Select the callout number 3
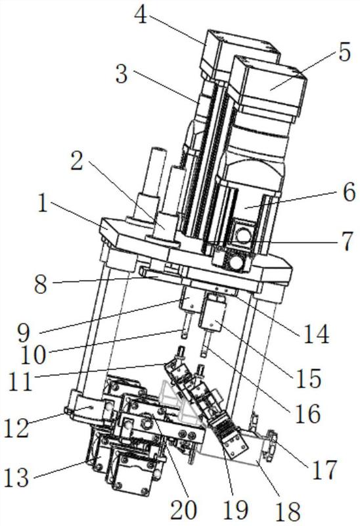tap(122, 74)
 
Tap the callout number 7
tap(345, 241)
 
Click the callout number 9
tap(24, 333)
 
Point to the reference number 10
tap(33, 355)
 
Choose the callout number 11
tap(21, 382)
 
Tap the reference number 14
tap(316, 334)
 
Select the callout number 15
tap(307, 379)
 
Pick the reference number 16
tap(307, 414)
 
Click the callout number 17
tap(324, 469)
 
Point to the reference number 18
tap(288, 512)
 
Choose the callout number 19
tap(236, 509)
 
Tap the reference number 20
tap(183, 509)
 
